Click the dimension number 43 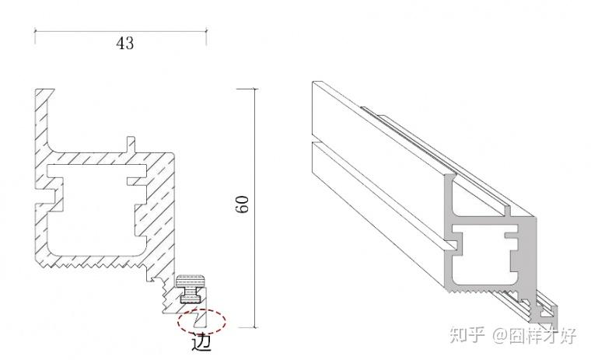pos(124,44)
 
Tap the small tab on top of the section pos(130,144)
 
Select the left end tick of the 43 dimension pos(35,33)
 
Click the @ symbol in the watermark pos(498,337)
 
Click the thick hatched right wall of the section pos(159,210)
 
